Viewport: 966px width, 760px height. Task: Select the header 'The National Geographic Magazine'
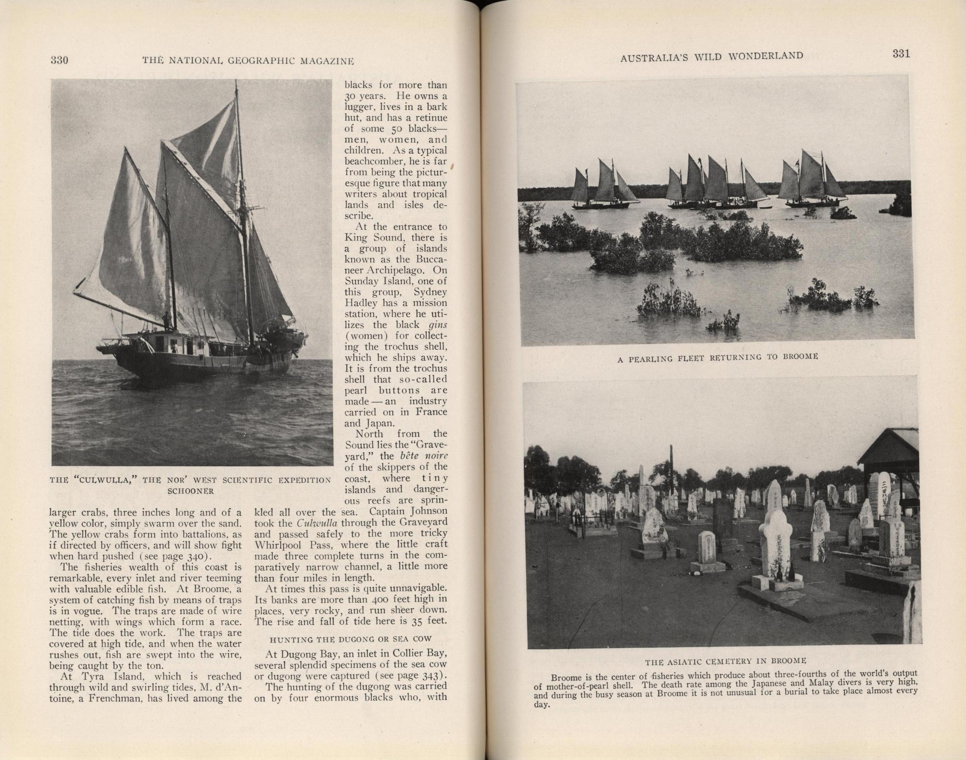point(248,61)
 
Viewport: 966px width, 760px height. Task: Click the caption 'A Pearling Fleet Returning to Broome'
point(718,358)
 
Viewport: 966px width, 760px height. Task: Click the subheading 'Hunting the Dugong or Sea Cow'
point(352,639)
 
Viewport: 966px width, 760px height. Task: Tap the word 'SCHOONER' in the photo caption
point(191,491)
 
